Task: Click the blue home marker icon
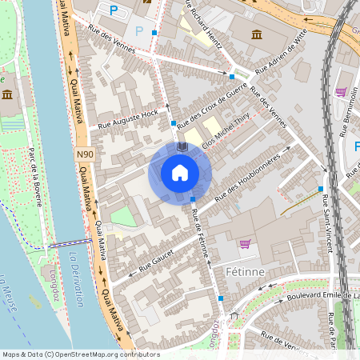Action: pyautogui.click(x=180, y=173)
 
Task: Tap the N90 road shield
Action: pyautogui.click(x=86, y=154)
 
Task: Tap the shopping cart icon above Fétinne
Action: pyautogui.click(x=245, y=244)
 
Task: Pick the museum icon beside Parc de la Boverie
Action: pyautogui.click(x=7, y=95)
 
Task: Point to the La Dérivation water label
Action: pyautogui.click(x=77, y=280)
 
